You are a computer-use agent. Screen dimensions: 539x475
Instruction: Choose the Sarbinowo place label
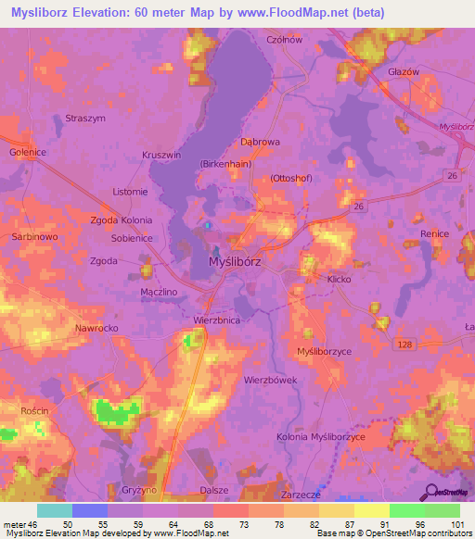(x=36, y=237)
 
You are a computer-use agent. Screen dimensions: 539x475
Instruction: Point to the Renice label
(x=435, y=234)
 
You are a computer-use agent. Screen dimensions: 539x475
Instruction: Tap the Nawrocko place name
(x=96, y=328)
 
